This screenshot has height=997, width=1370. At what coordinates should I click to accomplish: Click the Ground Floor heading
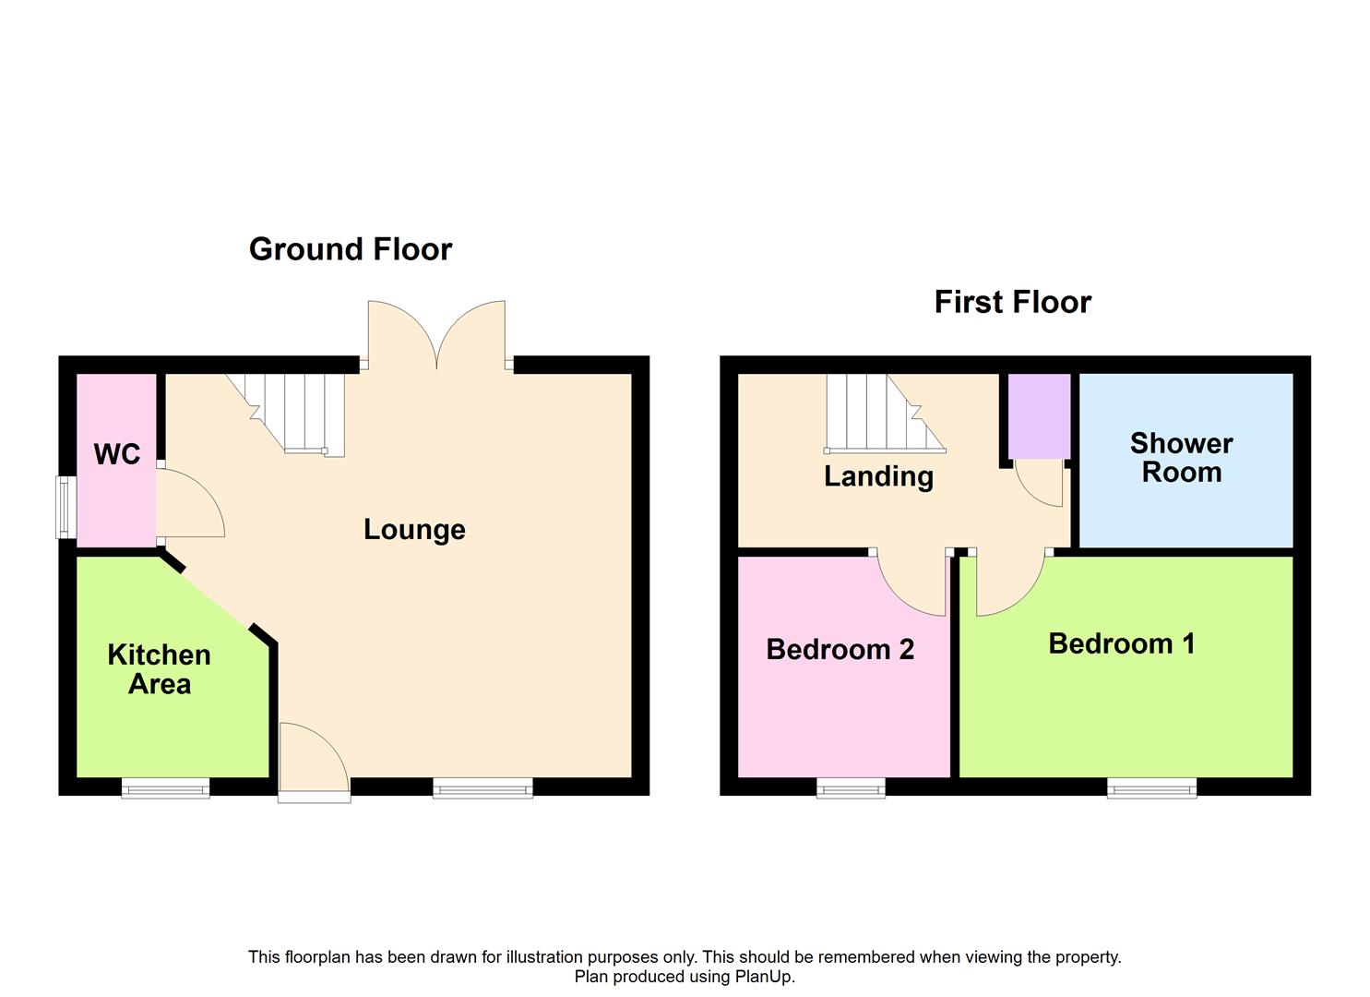pyautogui.click(x=351, y=250)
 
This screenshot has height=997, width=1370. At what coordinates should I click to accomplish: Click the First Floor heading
pyautogui.click(x=1013, y=303)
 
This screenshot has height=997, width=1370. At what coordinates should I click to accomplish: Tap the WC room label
pyautogui.click(x=117, y=454)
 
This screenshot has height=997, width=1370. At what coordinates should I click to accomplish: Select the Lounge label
pyautogui.click(x=414, y=530)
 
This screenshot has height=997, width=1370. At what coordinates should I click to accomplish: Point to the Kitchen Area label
pyautogui.click(x=159, y=669)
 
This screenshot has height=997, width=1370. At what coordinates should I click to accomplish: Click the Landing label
pyautogui.click(x=879, y=476)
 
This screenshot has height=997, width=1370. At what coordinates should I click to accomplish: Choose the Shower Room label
pyautogui.click(x=1181, y=458)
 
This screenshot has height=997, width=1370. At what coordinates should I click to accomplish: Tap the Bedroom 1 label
pyautogui.click(x=1122, y=643)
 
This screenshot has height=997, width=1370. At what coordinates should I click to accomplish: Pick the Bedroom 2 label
pyautogui.click(x=840, y=649)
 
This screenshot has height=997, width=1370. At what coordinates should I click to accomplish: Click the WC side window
pyautogui.click(x=66, y=508)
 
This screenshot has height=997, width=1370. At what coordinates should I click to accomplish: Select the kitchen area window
pyautogui.click(x=166, y=788)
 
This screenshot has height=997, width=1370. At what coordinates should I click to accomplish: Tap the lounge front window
pyautogui.click(x=482, y=788)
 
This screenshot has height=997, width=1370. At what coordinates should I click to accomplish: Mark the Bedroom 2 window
pyautogui.click(x=851, y=788)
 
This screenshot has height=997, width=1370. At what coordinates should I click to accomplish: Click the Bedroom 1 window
pyautogui.click(x=1151, y=788)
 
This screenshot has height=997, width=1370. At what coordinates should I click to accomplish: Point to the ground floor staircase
pyautogui.click(x=286, y=414)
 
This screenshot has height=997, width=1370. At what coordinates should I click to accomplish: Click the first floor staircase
pyautogui.click(x=885, y=414)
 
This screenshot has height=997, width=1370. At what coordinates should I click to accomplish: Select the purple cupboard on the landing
pyautogui.click(x=1039, y=415)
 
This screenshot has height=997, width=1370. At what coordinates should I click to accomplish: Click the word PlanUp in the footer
pyautogui.click(x=764, y=976)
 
